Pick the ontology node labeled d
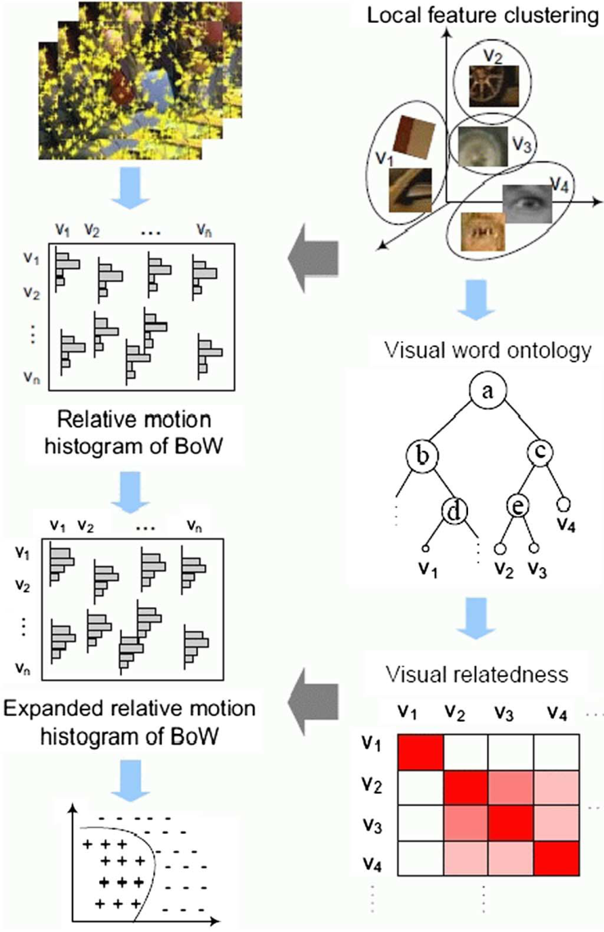(457, 512)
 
